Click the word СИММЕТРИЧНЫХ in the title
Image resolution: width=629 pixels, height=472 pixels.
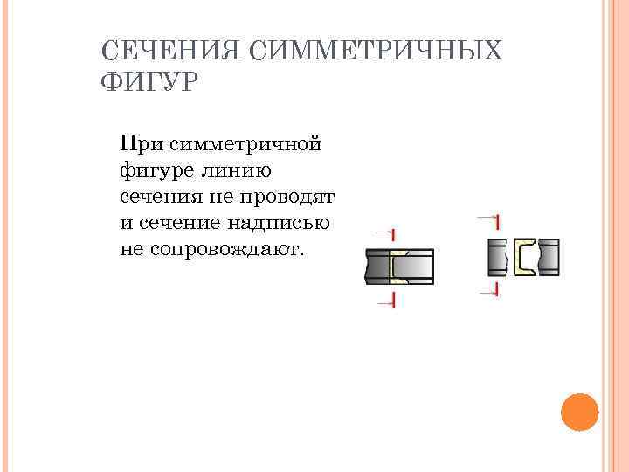click(x=376, y=50)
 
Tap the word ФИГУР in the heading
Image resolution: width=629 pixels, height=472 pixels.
click(x=150, y=84)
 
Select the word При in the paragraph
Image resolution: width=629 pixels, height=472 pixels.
click(x=139, y=142)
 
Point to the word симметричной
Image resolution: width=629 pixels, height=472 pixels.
click(x=243, y=142)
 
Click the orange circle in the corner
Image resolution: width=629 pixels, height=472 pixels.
click(x=578, y=412)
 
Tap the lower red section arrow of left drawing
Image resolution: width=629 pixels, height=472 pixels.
click(x=386, y=301)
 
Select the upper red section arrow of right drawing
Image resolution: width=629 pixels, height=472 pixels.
click(x=489, y=218)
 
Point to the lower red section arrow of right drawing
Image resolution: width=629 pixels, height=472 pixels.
click(x=489, y=288)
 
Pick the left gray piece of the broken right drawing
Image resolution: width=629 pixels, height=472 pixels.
click(x=497, y=257)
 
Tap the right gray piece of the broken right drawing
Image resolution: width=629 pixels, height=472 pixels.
click(x=549, y=257)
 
